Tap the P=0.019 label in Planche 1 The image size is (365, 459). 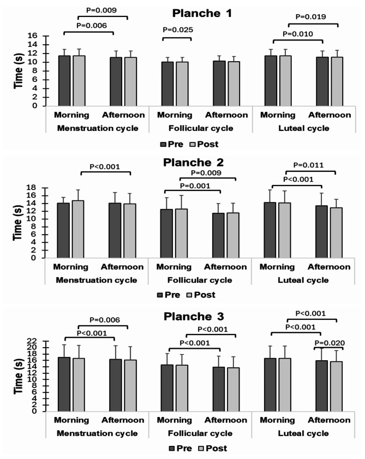point(315,17)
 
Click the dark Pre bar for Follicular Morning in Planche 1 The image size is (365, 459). point(167,84)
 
